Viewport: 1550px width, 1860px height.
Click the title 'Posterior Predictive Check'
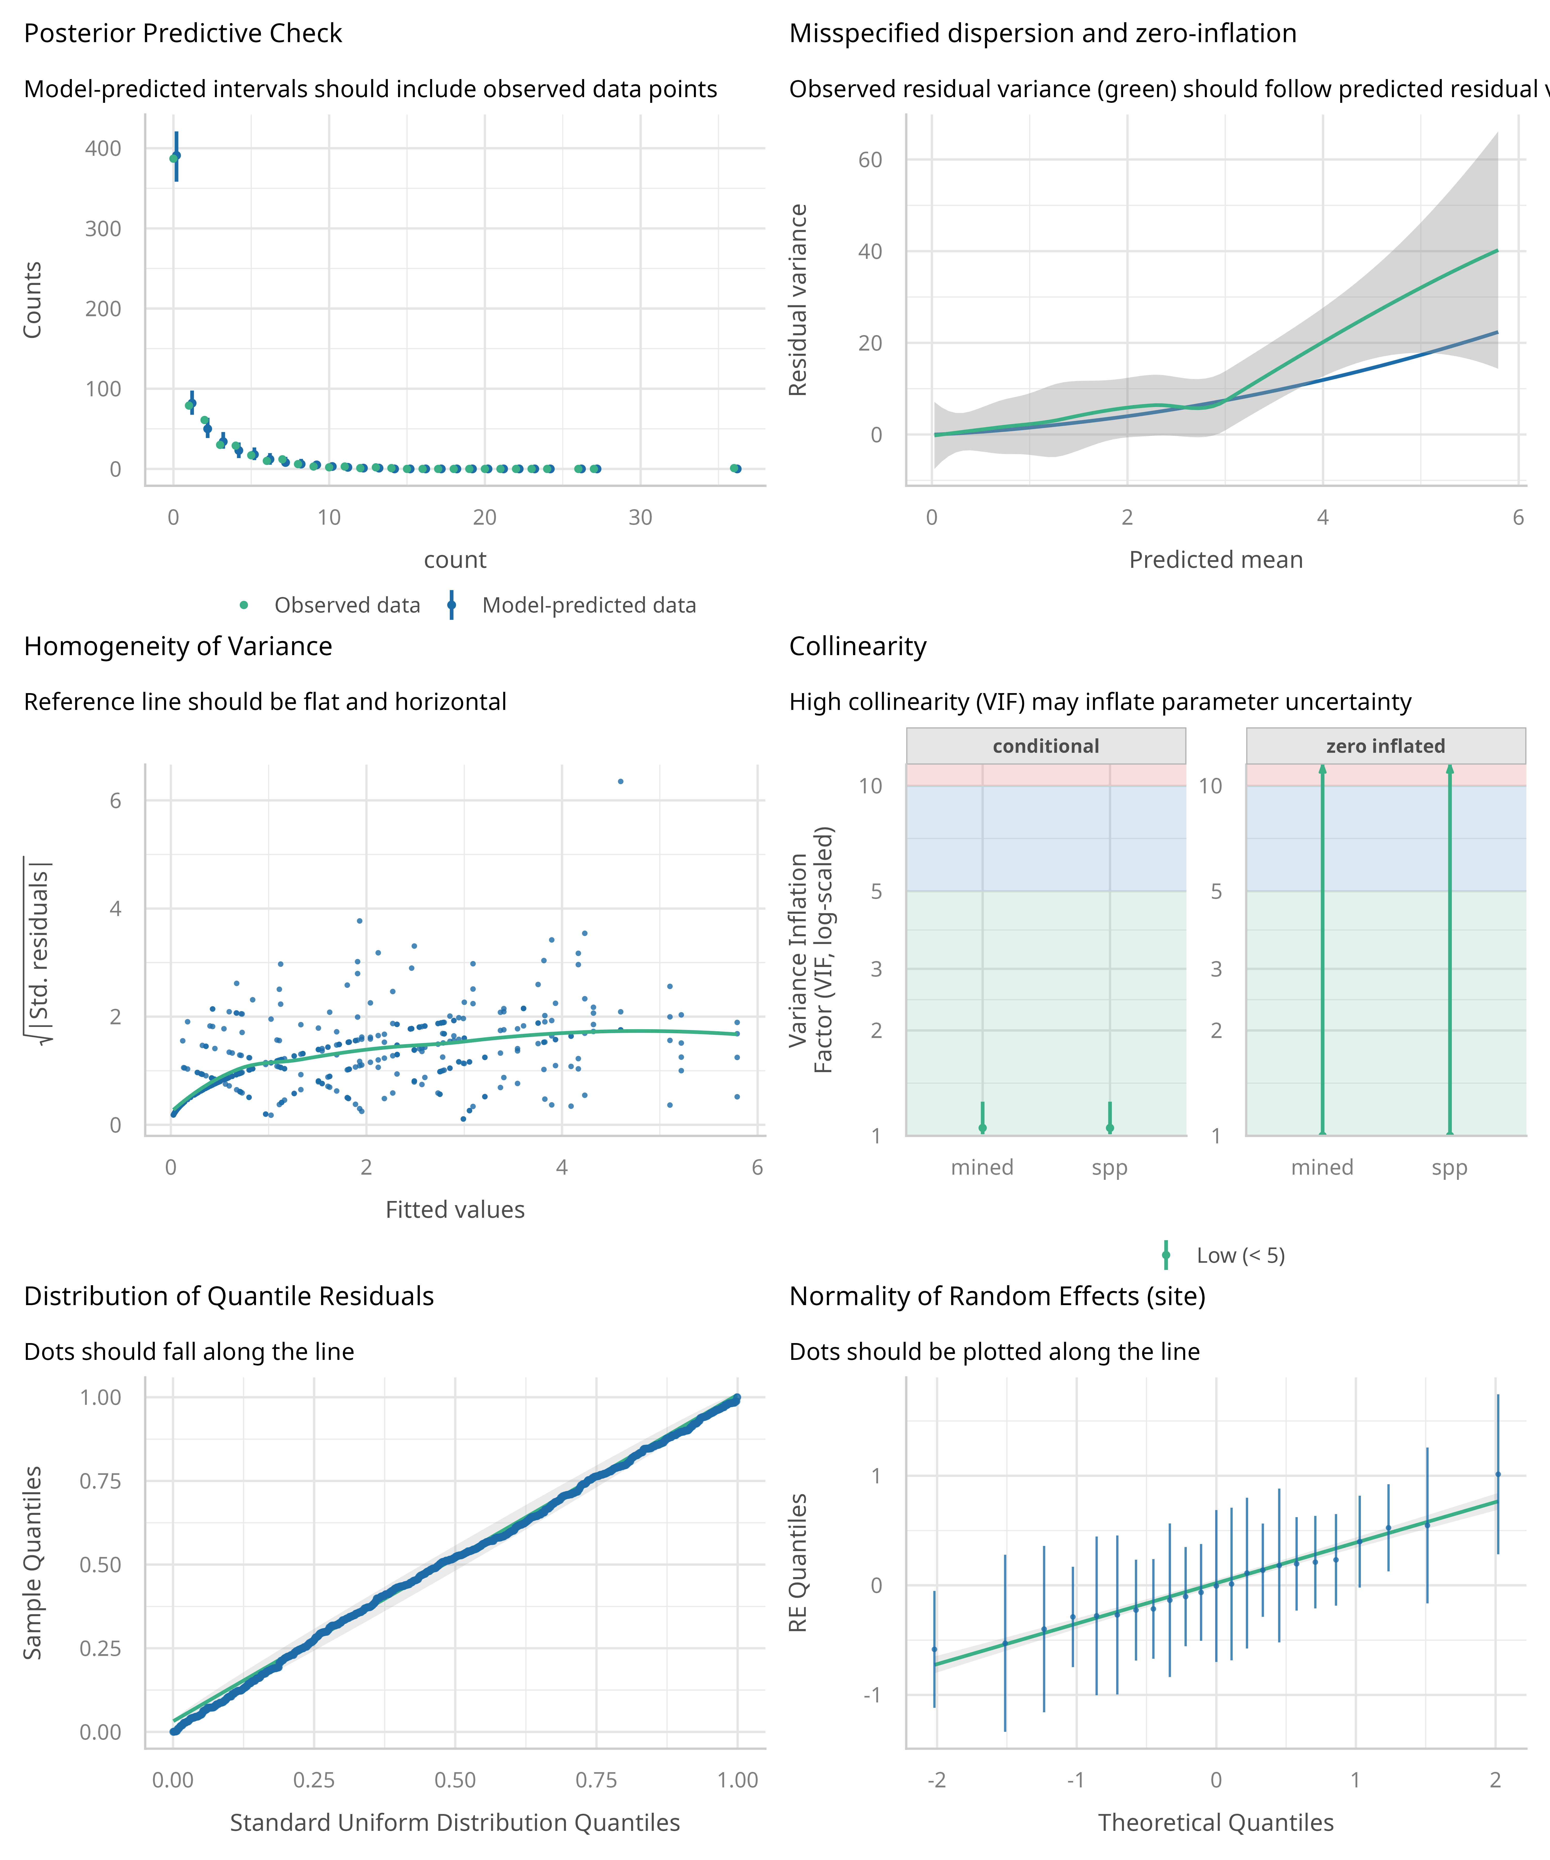click(x=182, y=34)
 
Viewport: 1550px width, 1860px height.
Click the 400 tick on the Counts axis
click(x=104, y=149)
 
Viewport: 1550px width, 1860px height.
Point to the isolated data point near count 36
click(x=735, y=469)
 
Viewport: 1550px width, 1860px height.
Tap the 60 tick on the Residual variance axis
click(x=870, y=160)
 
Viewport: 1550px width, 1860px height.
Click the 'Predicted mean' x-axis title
click(x=1215, y=560)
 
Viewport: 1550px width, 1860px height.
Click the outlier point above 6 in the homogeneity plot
click(x=620, y=781)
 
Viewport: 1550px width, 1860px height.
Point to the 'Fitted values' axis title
click(x=454, y=1210)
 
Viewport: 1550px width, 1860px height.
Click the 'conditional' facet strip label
click(x=1045, y=746)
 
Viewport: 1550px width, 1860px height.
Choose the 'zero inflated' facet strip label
click(x=1385, y=746)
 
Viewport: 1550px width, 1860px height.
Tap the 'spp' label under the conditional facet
click(x=1109, y=1167)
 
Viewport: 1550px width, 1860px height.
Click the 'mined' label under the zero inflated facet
click(x=1321, y=1167)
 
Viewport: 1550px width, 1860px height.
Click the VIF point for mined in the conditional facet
click(x=982, y=1128)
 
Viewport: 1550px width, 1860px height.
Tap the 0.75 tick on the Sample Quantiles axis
click(x=100, y=1481)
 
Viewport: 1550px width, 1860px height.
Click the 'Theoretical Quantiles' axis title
click(x=1215, y=1823)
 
